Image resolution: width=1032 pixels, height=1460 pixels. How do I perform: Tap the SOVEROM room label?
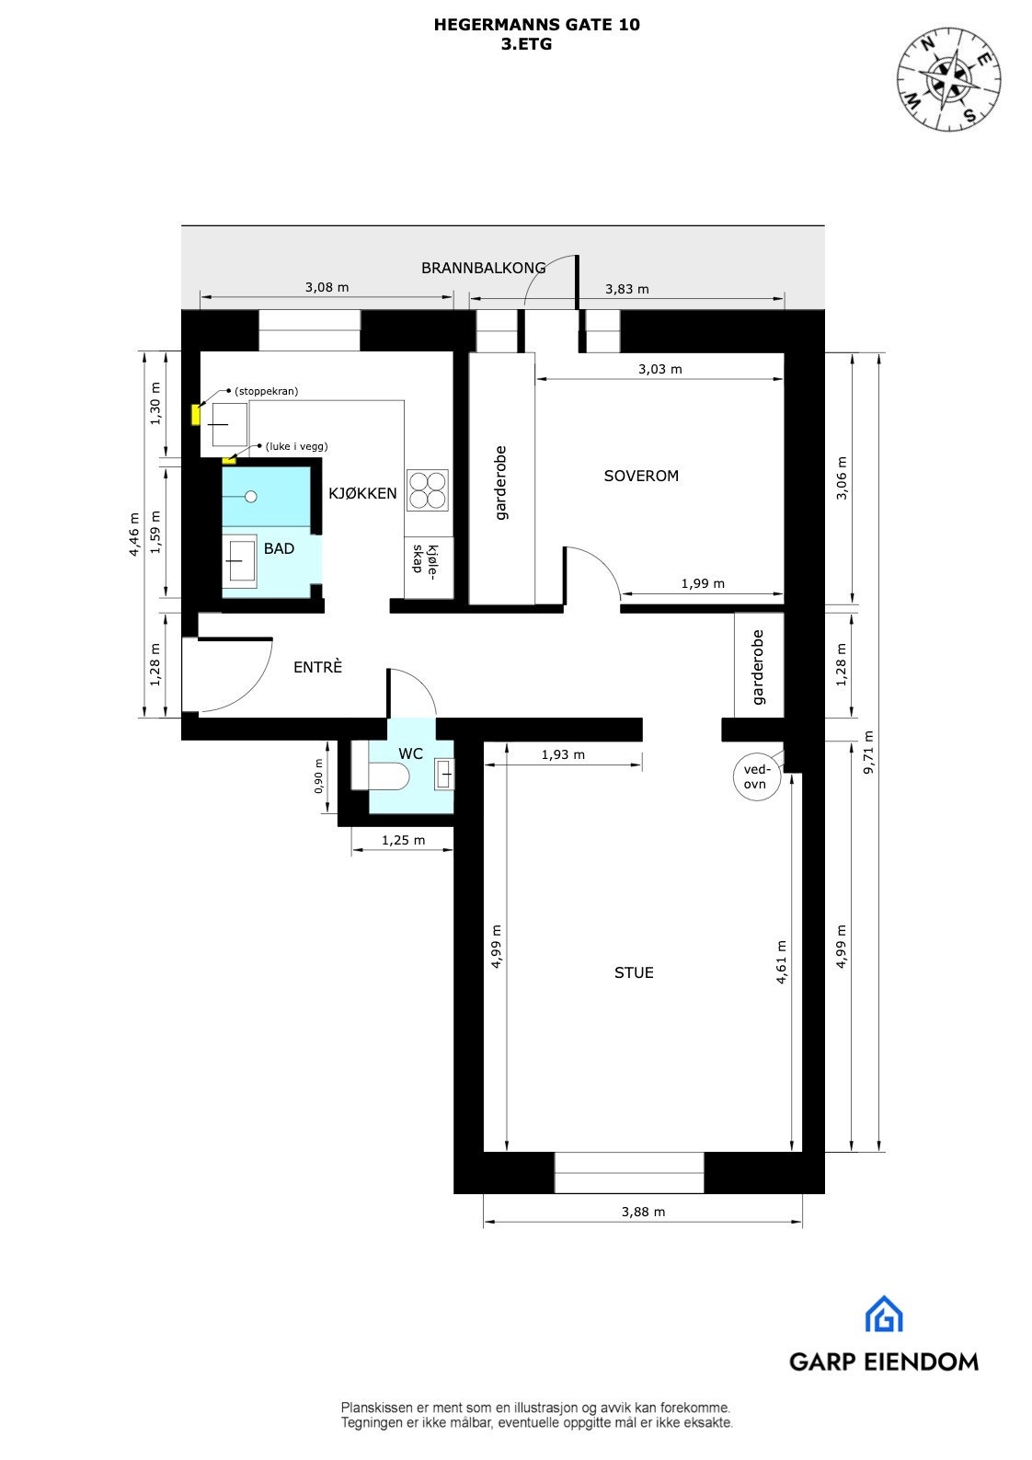tap(641, 476)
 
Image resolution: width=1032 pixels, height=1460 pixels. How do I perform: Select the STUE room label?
tap(634, 972)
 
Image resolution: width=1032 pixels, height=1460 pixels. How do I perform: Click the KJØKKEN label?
tap(362, 493)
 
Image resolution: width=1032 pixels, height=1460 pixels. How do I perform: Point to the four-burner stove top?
tap(428, 489)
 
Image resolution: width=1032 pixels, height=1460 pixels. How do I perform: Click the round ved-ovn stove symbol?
tap(756, 777)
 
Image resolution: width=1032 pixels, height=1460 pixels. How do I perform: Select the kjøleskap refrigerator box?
tap(429, 569)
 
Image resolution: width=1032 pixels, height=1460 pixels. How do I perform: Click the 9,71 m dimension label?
tap(869, 753)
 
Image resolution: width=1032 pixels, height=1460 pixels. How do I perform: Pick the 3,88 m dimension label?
tap(643, 1212)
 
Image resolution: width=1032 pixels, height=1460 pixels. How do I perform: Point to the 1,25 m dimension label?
tap(403, 840)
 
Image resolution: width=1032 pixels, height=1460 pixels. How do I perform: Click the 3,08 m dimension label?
tap(327, 287)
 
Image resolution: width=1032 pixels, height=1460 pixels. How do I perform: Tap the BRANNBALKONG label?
tap(483, 268)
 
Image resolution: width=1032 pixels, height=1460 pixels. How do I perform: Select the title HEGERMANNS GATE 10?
tap(536, 25)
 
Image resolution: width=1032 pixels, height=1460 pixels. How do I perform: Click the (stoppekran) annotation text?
tap(266, 391)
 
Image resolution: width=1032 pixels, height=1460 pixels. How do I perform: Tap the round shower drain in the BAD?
tap(250, 497)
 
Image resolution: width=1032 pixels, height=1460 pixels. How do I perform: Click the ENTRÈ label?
tap(317, 667)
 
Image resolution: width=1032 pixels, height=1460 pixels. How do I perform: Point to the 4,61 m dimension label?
tap(782, 962)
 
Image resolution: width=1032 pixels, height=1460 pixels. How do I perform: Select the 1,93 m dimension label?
tap(563, 754)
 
